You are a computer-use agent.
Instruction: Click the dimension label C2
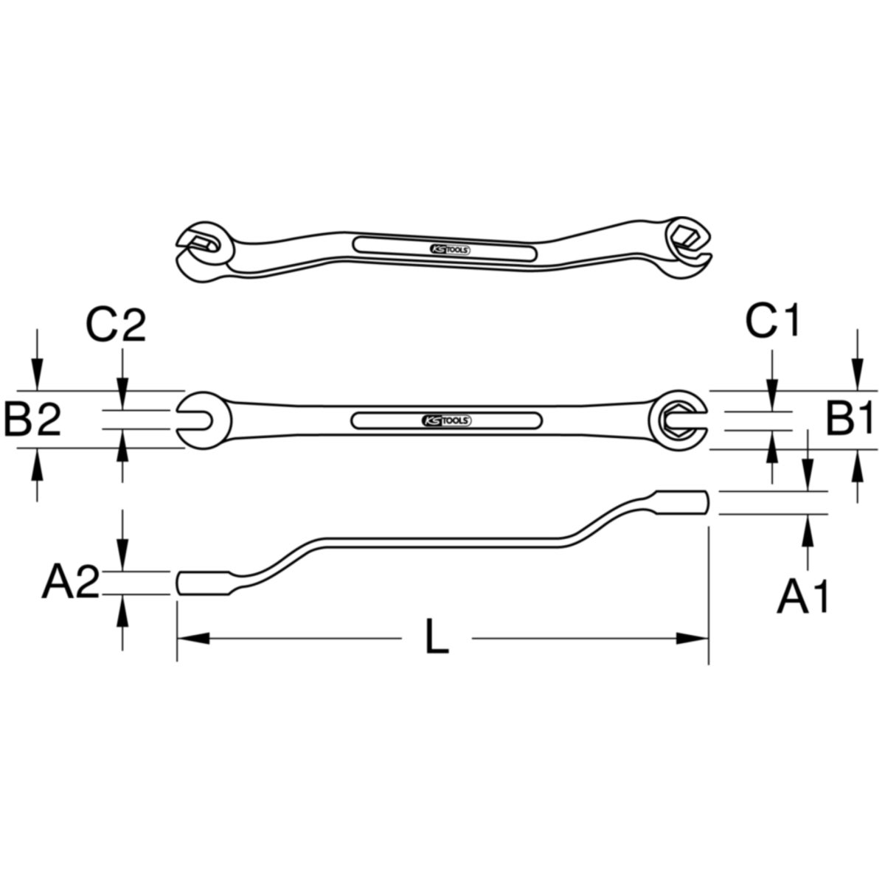(x=116, y=326)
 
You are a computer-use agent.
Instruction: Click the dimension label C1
(x=772, y=321)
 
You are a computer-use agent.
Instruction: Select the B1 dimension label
(x=849, y=418)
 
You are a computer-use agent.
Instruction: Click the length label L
(x=437, y=636)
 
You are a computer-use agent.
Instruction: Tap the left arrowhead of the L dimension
(x=193, y=638)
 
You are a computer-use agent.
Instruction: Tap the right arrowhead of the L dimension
(x=692, y=638)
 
